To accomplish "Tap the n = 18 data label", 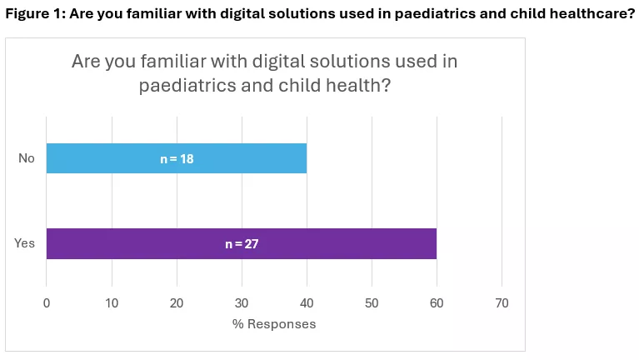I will pos(177,158).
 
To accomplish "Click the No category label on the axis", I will pos(27,158).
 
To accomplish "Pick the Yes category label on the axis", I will pos(24,243).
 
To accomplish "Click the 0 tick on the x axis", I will pos(47,304).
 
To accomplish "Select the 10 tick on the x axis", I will pos(112,304).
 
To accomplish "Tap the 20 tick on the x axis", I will pos(177,304).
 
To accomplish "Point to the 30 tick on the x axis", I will pos(242,304).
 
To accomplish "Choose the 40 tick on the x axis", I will pos(307,304).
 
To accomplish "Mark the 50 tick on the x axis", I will pos(372,304).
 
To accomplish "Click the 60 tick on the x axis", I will pos(437,304).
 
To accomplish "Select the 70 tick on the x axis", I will pos(502,304).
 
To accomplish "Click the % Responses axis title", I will pos(274,323).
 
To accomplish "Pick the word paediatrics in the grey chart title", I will pos(182,86).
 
